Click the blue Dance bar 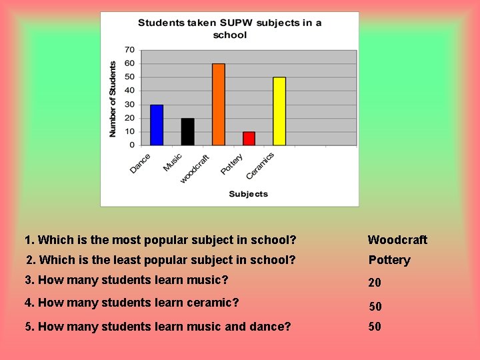[157, 125]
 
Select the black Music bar [187, 131]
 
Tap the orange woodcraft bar [218, 104]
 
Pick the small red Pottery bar [249, 138]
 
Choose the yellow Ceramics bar [279, 111]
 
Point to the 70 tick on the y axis [129, 50]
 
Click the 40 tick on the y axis [129, 91]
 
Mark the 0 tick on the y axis [132, 145]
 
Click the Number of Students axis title [113, 99]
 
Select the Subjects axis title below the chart [248, 194]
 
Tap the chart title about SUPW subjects [229, 29]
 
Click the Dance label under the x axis [141, 164]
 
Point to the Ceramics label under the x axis [260, 166]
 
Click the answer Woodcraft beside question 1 [397, 240]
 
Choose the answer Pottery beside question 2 [389, 260]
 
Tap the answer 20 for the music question [375, 283]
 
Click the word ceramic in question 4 [214, 303]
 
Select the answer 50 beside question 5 [375, 327]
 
